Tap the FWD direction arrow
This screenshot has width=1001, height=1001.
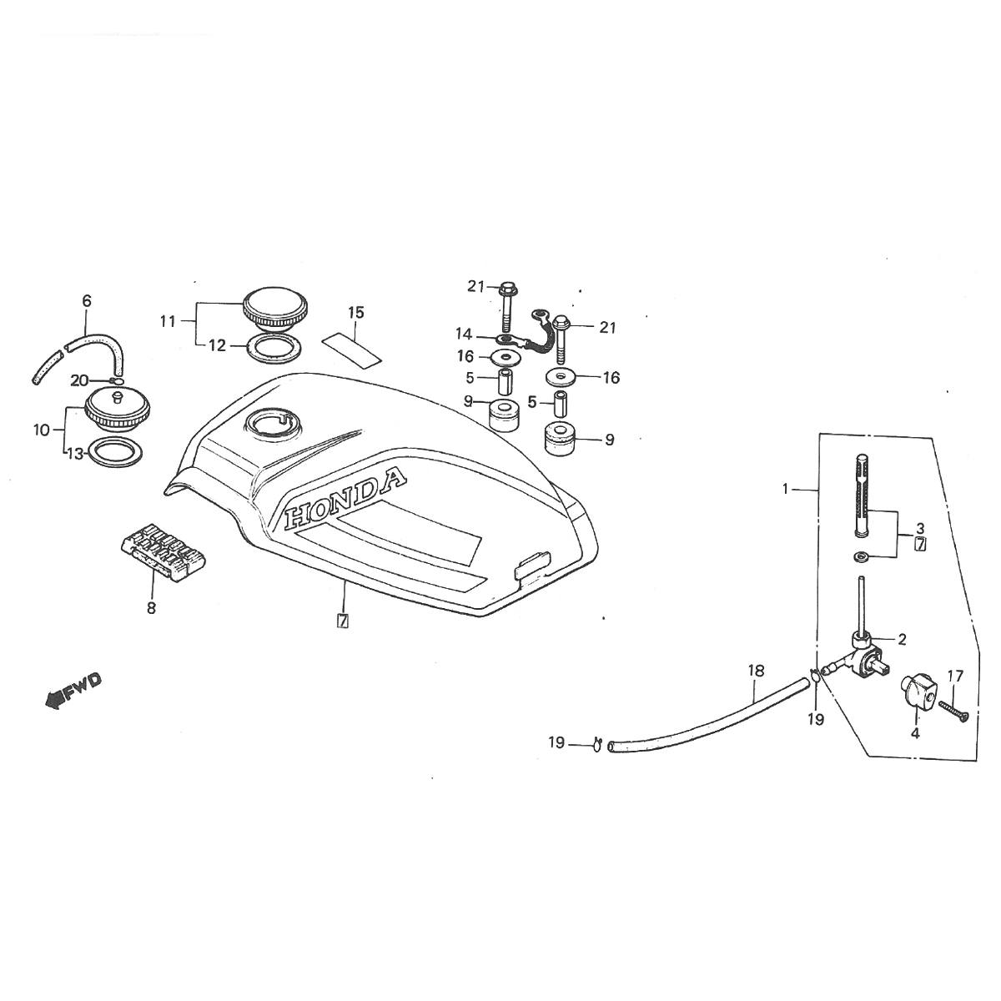click(73, 689)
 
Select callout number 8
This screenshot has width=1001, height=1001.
click(151, 608)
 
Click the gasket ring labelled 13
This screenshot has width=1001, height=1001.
click(113, 452)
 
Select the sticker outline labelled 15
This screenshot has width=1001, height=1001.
click(351, 345)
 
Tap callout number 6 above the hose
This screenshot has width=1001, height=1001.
click(87, 300)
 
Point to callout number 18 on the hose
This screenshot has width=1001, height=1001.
click(756, 670)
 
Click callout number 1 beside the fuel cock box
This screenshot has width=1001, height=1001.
click(785, 490)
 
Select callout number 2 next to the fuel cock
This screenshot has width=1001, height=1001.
click(902, 640)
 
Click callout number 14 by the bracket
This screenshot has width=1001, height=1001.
click(464, 335)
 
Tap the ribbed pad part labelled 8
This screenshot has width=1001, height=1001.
click(163, 552)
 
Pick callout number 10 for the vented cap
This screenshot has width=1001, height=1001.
click(42, 430)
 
